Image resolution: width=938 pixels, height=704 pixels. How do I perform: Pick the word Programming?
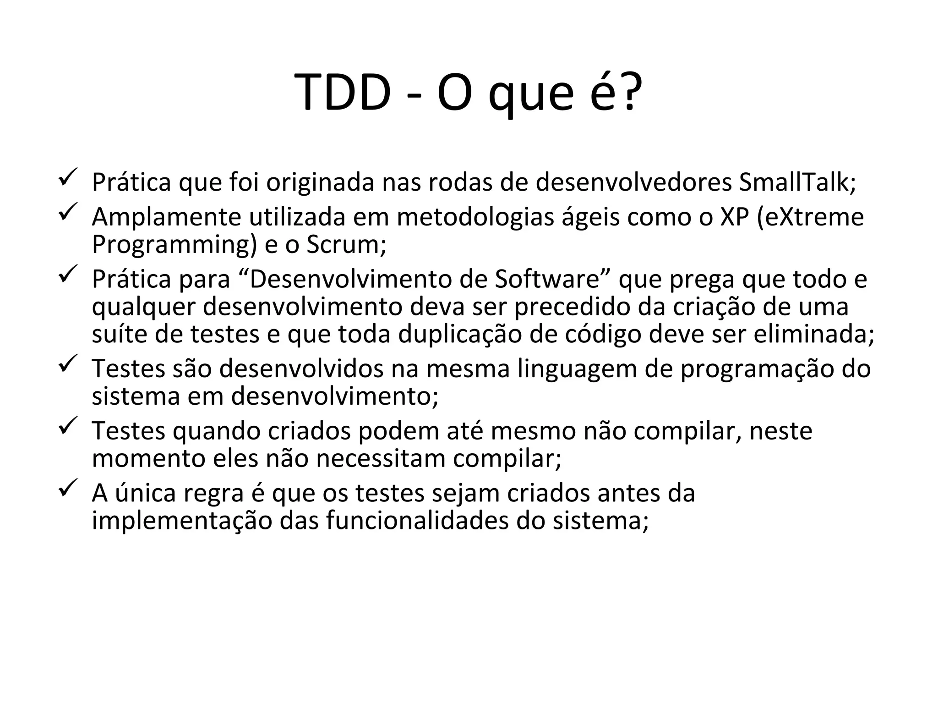pyautogui.click(x=175, y=245)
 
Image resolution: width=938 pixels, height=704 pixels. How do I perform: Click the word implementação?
pyautogui.click(x=182, y=521)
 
